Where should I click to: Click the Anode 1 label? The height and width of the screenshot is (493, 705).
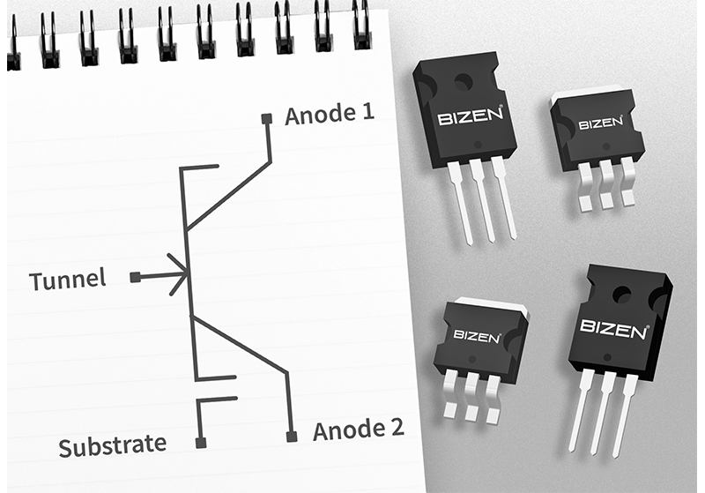pyautogui.click(x=329, y=115)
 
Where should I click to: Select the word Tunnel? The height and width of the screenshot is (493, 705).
pyautogui.click(x=67, y=280)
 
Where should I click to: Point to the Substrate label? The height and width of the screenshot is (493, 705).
pyautogui.click(x=112, y=445)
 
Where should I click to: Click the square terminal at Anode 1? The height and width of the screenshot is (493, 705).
pyautogui.click(x=267, y=118)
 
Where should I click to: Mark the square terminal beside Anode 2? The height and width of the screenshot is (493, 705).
pyautogui.click(x=292, y=436)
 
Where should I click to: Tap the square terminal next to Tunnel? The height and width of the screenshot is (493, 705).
pyautogui.click(x=135, y=277)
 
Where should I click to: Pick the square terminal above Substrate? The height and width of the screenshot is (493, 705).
pyautogui.click(x=201, y=442)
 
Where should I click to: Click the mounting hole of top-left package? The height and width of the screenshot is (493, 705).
pyautogui.click(x=464, y=83)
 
